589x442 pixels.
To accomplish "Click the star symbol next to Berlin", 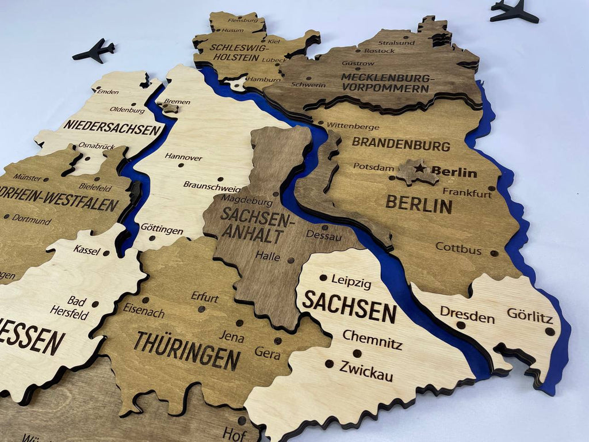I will (420, 168).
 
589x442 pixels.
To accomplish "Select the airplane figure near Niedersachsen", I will (94, 51).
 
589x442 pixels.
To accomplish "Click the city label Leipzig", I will (351, 283).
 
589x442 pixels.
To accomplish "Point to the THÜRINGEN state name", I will (187, 350).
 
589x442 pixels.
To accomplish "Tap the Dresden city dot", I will (461, 325).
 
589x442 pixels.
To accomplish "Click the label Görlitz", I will (529, 315).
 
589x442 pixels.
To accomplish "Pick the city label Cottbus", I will (458, 248).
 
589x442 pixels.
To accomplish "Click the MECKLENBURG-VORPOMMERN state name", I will (385, 83).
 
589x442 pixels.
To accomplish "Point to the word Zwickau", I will (366, 371).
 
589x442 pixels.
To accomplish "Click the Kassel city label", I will (86, 250).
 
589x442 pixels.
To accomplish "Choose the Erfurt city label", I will (205, 298).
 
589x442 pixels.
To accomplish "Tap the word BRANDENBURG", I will (401, 143).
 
